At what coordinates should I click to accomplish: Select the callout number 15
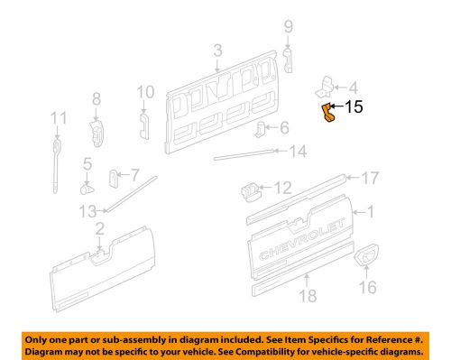point(354,108)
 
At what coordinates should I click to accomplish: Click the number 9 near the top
point(288,26)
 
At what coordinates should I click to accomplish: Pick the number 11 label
point(59,117)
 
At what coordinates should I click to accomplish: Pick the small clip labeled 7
point(115,175)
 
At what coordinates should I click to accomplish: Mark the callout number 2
point(100,228)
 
